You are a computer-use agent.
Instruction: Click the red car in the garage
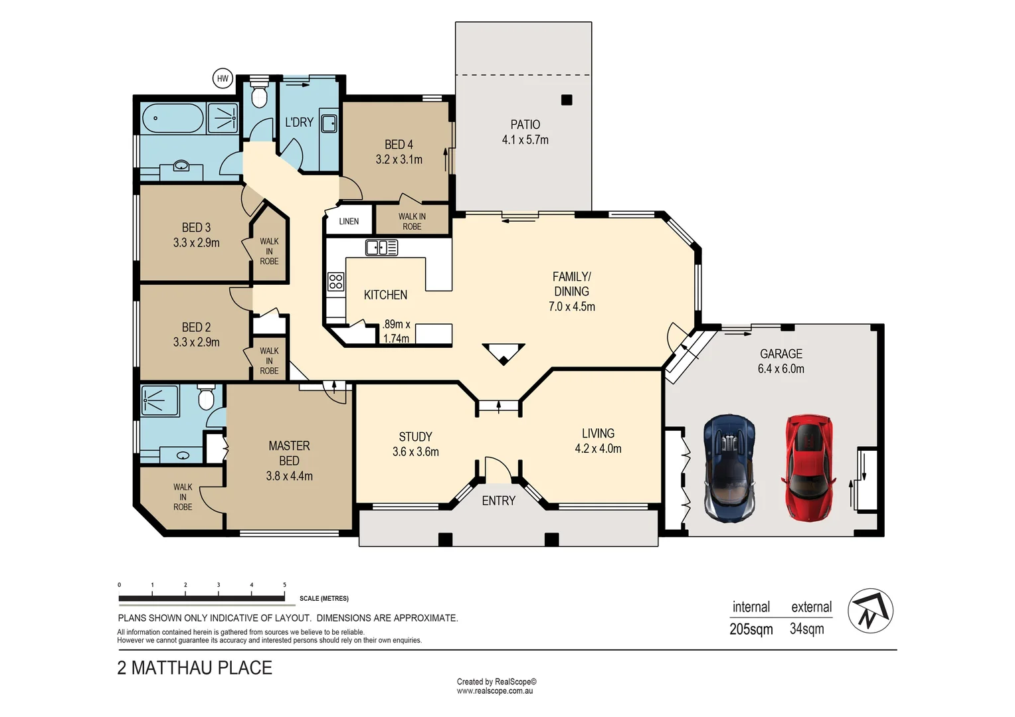coord(809,467)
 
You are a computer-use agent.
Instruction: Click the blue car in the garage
coord(729,467)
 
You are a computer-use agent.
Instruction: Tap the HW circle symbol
coord(223,79)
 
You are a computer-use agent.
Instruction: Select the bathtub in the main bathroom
coord(173,118)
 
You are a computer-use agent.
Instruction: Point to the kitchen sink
coord(381,248)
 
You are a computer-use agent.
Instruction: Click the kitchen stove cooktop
coord(335,281)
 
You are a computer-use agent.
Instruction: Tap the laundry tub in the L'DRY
coord(329,123)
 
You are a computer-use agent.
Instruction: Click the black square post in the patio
coord(567,100)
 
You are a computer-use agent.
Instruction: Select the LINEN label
coord(349,222)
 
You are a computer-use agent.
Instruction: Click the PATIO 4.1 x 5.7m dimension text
coord(525,139)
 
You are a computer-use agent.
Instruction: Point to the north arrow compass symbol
coord(870,611)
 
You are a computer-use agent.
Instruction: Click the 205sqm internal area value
coord(751,629)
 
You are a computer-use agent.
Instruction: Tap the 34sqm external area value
coord(807,629)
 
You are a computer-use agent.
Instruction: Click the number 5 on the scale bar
coord(284,585)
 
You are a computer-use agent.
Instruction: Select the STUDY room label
coord(416,437)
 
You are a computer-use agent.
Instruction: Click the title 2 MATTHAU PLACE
coord(195,668)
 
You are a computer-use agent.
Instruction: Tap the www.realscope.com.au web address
coord(495,691)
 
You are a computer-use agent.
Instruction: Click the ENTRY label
coord(498,501)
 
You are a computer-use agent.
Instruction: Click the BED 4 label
coord(399,145)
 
